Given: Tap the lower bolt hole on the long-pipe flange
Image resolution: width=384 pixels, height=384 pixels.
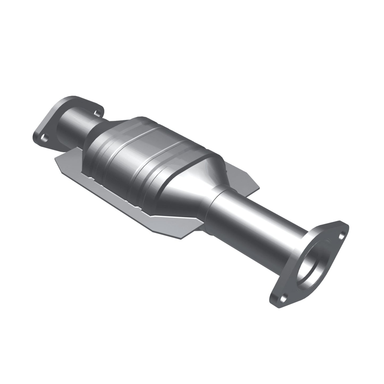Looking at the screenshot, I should (285, 298).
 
